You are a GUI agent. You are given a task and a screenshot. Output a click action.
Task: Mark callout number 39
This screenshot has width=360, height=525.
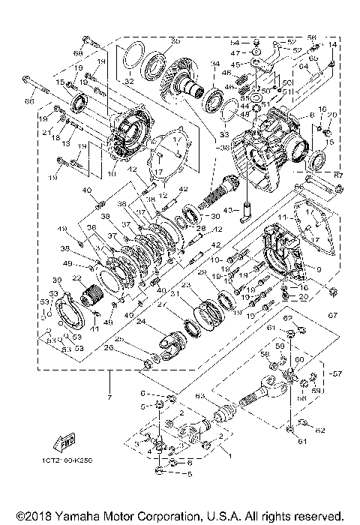(56, 280)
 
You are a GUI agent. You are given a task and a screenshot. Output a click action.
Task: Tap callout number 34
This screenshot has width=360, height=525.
(214, 64)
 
